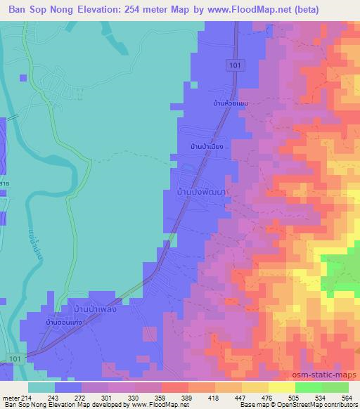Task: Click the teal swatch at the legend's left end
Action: pyautogui.click(x=41, y=387)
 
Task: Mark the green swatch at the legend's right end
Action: pyautogui.click(x=335, y=387)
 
